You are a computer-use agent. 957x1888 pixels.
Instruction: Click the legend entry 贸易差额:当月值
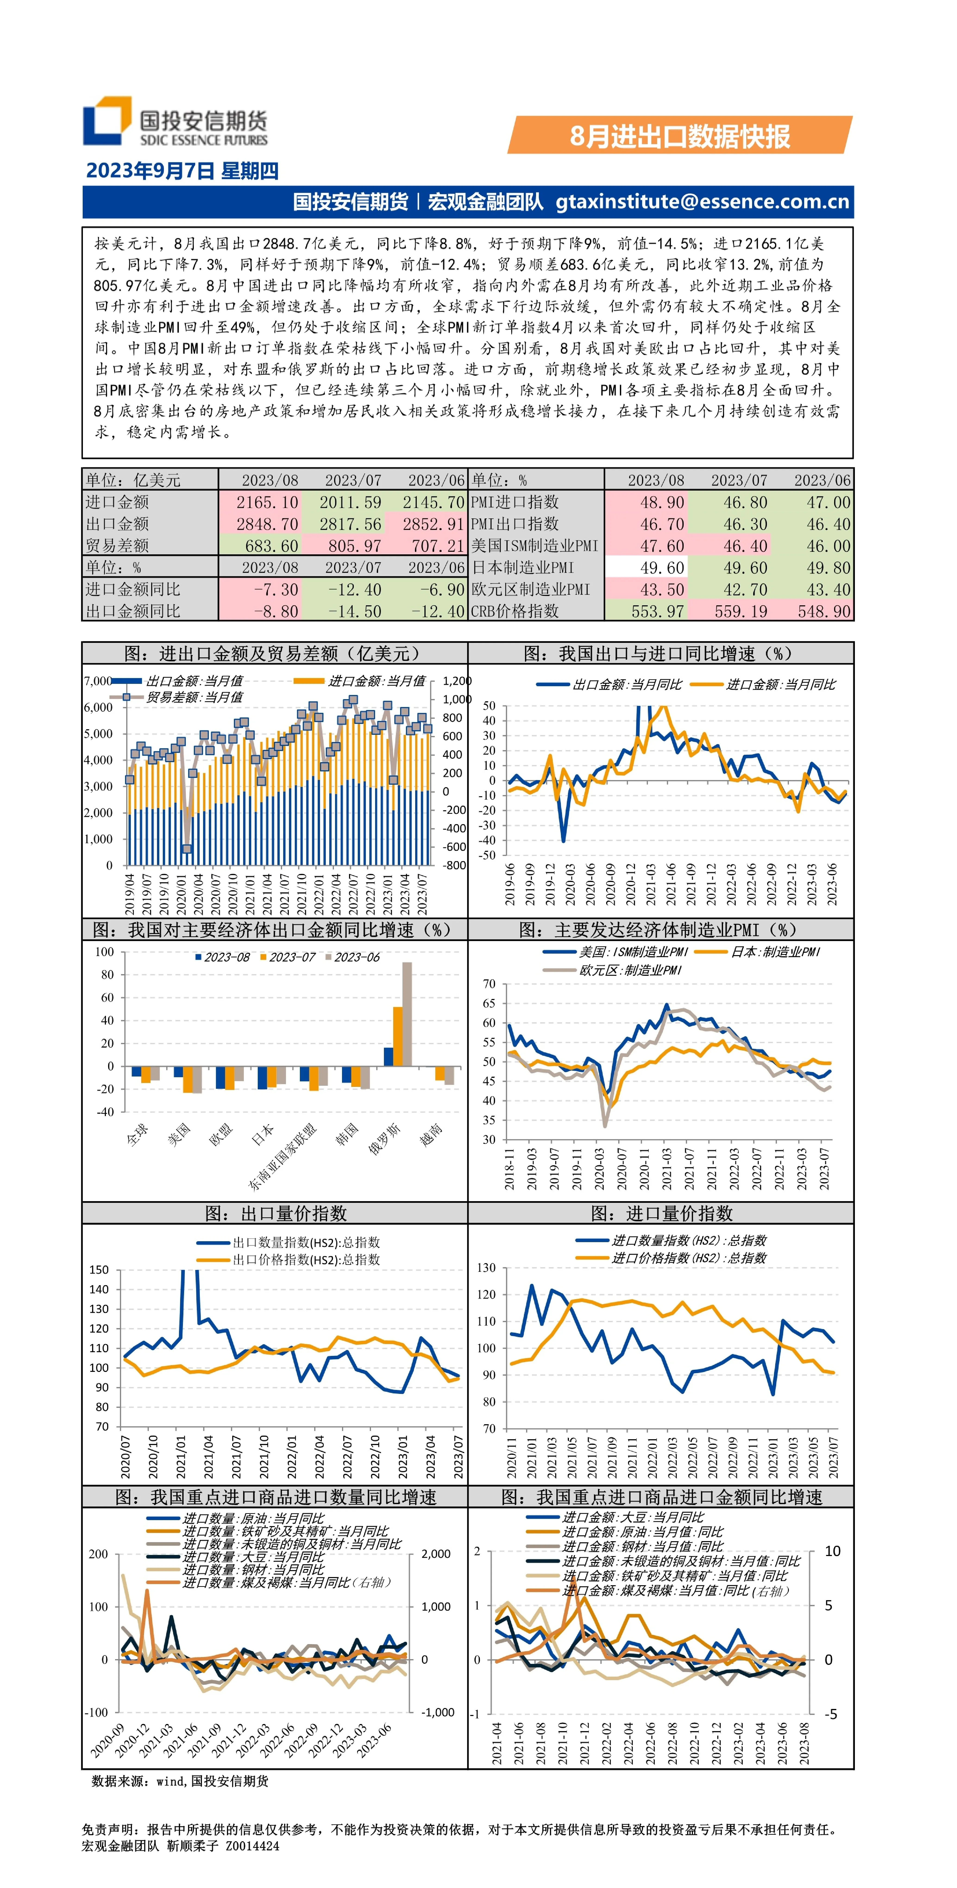coord(176,697)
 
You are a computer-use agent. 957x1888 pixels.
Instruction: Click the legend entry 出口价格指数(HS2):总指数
coord(289,1260)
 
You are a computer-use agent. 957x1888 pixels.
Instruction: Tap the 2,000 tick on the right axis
coord(436,1554)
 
